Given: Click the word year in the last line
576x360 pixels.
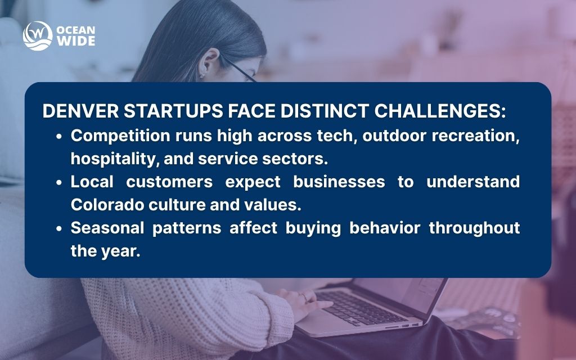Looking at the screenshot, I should (x=120, y=251).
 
